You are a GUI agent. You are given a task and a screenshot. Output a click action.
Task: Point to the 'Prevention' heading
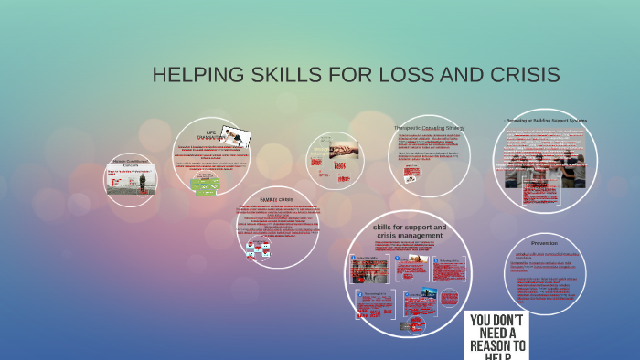544,243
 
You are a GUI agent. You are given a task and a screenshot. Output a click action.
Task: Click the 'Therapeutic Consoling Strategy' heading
429,128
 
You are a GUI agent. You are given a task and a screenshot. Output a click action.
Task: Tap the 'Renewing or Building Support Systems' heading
546,120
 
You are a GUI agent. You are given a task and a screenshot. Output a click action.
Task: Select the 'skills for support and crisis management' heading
409,231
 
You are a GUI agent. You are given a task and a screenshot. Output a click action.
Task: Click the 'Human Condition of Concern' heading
129,164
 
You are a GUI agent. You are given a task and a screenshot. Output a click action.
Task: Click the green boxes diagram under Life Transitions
206,185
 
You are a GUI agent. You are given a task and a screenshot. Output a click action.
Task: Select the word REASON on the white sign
497,346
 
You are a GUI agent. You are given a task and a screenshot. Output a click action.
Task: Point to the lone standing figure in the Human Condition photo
142,182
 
